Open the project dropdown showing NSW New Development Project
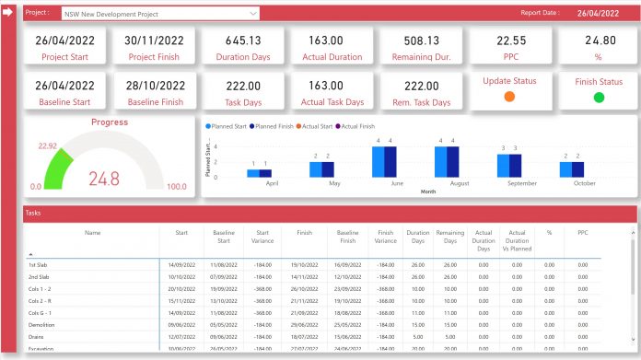(160, 15)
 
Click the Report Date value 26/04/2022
(599, 14)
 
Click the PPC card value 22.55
(511, 41)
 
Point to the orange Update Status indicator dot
(509, 97)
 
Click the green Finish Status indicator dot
(599, 97)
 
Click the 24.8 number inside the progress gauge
(103, 179)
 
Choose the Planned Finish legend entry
(274, 125)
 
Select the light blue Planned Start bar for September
(504, 165)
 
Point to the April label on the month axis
(272, 183)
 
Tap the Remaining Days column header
(449, 238)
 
